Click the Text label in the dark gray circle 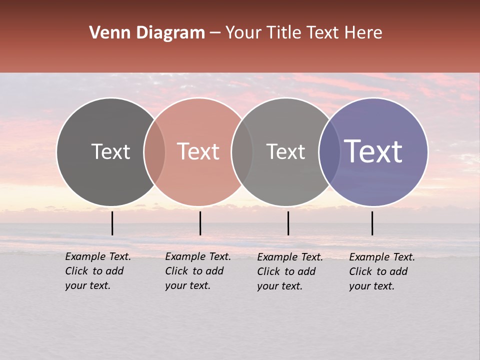110,151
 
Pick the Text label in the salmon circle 198,151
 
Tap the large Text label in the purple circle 373,151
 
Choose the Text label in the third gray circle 285,151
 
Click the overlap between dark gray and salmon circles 154,151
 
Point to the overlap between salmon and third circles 242,151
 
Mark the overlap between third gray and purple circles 329,151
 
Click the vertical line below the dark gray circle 112,223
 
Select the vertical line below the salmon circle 200,223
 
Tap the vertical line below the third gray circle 288,223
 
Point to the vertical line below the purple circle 372,223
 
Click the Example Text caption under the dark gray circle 97,271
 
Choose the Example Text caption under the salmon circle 197,271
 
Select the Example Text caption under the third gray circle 289,271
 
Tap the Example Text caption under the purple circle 381,271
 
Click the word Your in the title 244,33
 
